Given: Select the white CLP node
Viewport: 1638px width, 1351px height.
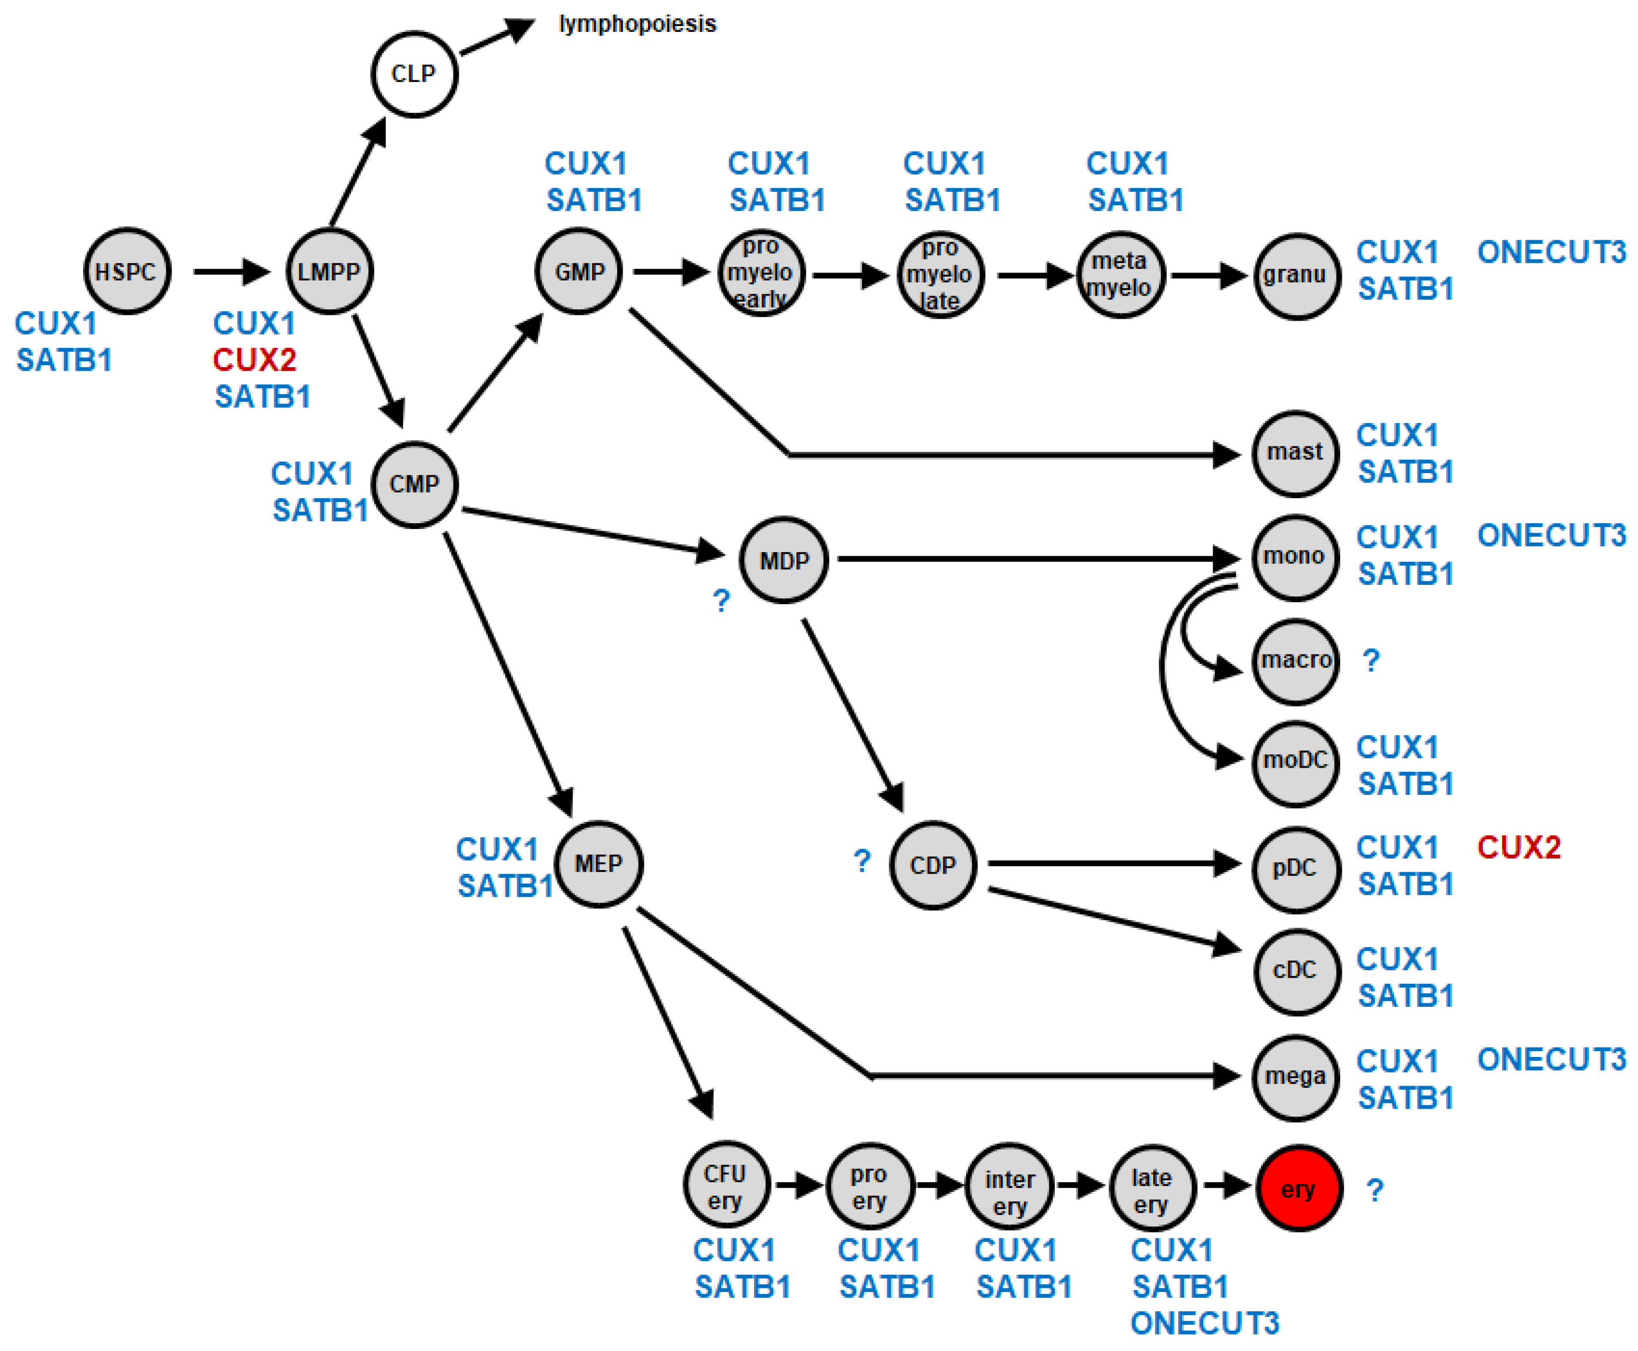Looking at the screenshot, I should click(x=413, y=74).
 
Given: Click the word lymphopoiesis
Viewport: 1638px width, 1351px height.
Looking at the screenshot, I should click(x=637, y=24).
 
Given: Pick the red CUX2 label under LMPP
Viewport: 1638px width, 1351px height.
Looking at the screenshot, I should click(x=254, y=359).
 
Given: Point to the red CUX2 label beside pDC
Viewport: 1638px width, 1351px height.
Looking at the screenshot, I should click(x=1518, y=847).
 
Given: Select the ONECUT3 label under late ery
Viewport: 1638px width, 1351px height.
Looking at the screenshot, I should click(x=1204, y=1323).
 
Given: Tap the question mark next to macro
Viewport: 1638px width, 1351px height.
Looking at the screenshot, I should click(x=1371, y=661).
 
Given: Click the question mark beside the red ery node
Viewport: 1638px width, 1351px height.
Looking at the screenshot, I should click(x=1375, y=1190).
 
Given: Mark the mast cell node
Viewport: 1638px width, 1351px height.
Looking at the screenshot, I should click(x=1295, y=453).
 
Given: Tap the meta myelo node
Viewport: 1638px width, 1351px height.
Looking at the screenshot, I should click(x=1120, y=274).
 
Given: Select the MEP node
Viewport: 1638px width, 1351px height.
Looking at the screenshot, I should click(x=598, y=863).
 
